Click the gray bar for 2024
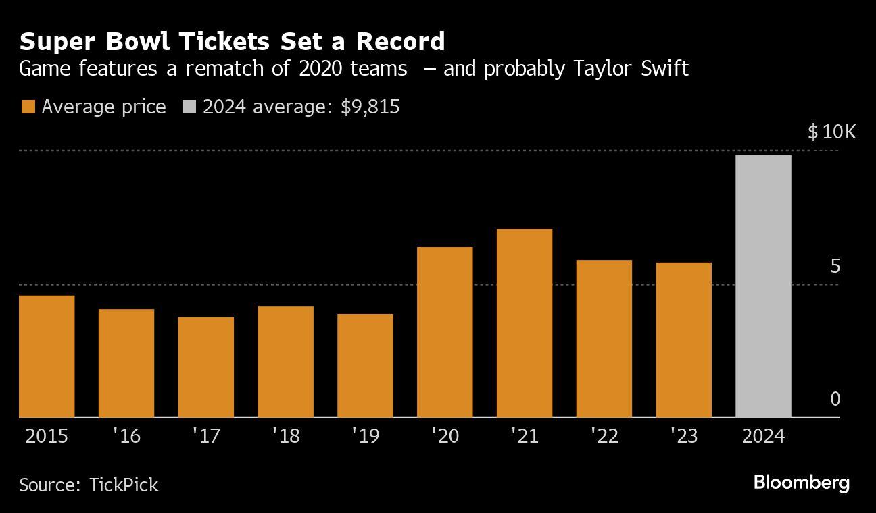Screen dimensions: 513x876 [x=763, y=286]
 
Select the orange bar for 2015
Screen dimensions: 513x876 [x=47, y=356]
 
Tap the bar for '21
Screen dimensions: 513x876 [x=524, y=323]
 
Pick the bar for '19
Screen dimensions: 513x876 [x=365, y=365]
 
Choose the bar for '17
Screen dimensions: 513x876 [x=206, y=367]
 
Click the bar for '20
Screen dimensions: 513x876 [x=445, y=332]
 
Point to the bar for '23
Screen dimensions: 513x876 [x=683, y=340]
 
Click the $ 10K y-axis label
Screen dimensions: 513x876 [x=831, y=132]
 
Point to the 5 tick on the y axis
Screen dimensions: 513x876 [x=835, y=267]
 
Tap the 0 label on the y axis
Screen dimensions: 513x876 [x=835, y=400]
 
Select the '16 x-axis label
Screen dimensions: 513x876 [x=126, y=436]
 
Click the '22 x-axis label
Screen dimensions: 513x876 [x=604, y=436]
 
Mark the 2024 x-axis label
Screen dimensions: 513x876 [x=763, y=436]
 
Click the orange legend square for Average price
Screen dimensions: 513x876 [x=28, y=107]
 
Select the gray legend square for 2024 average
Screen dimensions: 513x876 [x=189, y=107]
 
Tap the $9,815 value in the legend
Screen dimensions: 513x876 [x=370, y=107]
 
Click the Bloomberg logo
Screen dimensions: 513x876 [x=801, y=483]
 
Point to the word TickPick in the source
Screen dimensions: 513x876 [x=124, y=485]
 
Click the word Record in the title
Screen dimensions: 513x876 [x=400, y=42]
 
